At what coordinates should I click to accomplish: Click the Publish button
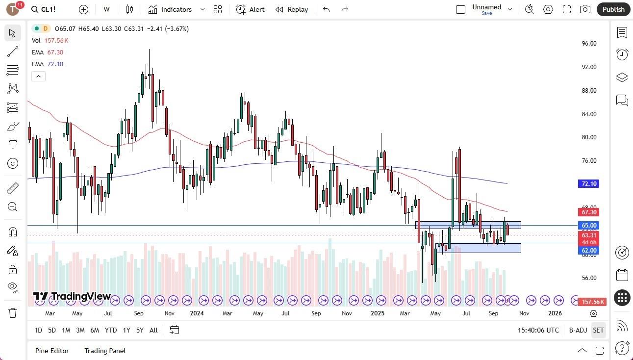click(613, 9)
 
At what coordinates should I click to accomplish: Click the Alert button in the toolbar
click(250, 9)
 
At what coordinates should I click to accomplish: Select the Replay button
click(292, 9)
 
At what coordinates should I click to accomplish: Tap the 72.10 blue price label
click(588, 184)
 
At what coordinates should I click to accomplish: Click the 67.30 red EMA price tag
click(588, 212)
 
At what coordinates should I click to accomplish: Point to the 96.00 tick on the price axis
click(589, 44)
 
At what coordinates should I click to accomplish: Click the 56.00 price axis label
click(589, 278)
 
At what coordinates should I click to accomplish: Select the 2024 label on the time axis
click(197, 313)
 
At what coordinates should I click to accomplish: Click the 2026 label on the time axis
click(555, 313)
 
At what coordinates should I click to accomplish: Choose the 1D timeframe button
click(38, 330)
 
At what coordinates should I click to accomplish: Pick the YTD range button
click(111, 330)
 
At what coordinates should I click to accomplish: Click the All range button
click(153, 330)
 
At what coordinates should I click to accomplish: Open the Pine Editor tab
click(52, 351)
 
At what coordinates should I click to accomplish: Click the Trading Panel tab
click(105, 351)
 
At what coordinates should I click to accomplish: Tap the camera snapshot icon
click(585, 9)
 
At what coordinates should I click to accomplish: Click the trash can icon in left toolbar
click(13, 313)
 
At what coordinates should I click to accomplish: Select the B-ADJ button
click(578, 330)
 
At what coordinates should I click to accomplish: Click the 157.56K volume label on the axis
click(592, 302)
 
